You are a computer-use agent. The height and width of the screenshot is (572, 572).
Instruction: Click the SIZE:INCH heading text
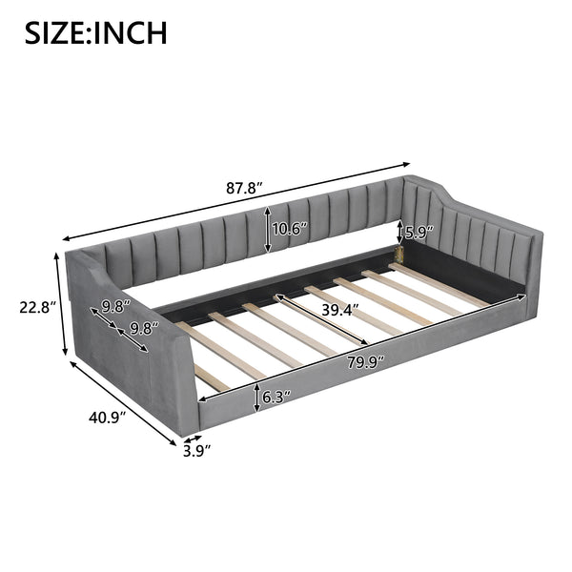(x=95, y=31)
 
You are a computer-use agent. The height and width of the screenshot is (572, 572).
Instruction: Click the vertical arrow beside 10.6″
(x=268, y=230)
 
